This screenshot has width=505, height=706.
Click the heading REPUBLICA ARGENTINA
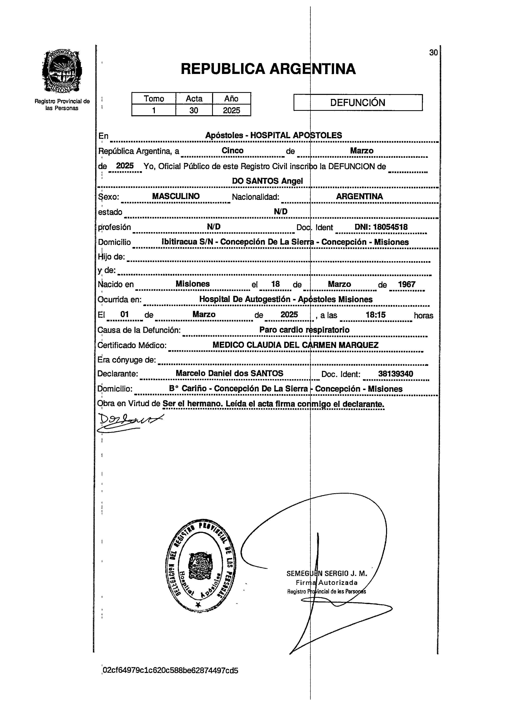268,69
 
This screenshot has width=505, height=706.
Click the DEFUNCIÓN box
358,103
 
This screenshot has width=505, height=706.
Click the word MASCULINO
176,196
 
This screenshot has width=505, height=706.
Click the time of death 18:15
375,315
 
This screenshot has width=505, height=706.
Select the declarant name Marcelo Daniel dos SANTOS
229,374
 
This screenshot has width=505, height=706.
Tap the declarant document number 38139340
395,374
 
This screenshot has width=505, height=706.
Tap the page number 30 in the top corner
433,53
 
